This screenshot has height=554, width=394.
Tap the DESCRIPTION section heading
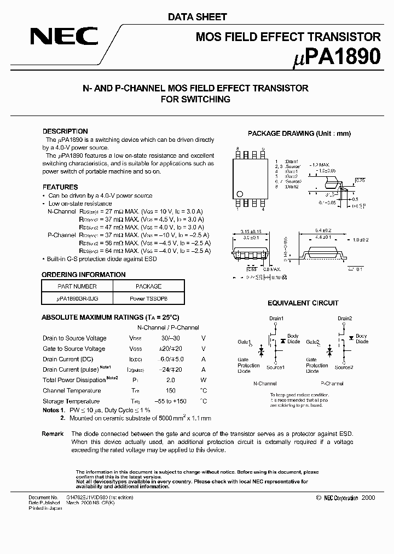(x=65, y=131)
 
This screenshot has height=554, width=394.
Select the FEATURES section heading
(x=60, y=187)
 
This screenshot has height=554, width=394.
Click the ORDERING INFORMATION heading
(x=84, y=275)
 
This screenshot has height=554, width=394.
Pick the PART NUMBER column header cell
(x=77, y=286)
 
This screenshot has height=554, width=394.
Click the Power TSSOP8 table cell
(x=148, y=298)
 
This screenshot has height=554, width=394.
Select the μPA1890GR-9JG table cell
(x=77, y=298)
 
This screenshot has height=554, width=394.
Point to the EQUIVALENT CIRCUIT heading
(x=303, y=303)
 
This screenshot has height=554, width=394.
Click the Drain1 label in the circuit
(x=276, y=319)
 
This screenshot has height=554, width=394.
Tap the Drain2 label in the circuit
(x=344, y=319)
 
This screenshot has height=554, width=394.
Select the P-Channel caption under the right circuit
(x=332, y=384)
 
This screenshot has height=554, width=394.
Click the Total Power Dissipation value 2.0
(x=170, y=380)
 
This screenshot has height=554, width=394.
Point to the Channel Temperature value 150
(x=170, y=391)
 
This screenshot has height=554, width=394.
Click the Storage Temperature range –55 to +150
(x=170, y=402)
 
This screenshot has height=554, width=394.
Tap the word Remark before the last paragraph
(x=53, y=434)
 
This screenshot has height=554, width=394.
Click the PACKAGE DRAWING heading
(x=299, y=134)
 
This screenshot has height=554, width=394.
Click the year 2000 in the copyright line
(x=369, y=498)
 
